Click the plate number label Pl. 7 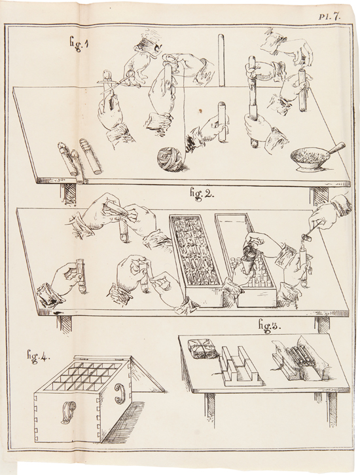point(330,17)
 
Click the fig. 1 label point(78,45)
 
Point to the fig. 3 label point(270,327)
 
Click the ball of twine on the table point(169,157)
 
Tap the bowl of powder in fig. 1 point(306,159)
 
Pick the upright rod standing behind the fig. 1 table point(221,60)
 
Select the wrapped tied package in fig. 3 point(201,349)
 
